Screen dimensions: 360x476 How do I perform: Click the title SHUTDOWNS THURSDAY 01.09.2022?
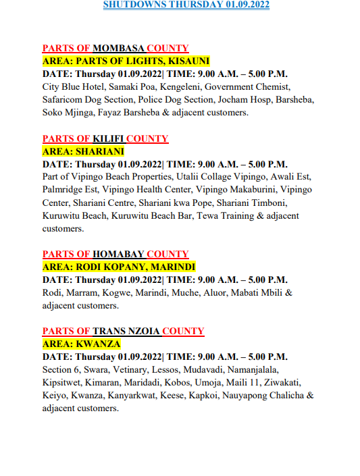(x=186, y=4)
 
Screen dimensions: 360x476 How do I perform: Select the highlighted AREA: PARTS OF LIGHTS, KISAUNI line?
(x=126, y=61)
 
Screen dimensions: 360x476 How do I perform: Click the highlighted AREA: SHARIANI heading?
(x=83, y=152)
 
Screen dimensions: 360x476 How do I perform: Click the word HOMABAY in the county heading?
(x=118, y=255)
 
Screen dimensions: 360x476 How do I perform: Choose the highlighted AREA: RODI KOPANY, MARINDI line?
(x=118, y=267)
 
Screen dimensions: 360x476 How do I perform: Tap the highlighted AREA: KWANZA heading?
(x=77, y=344)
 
